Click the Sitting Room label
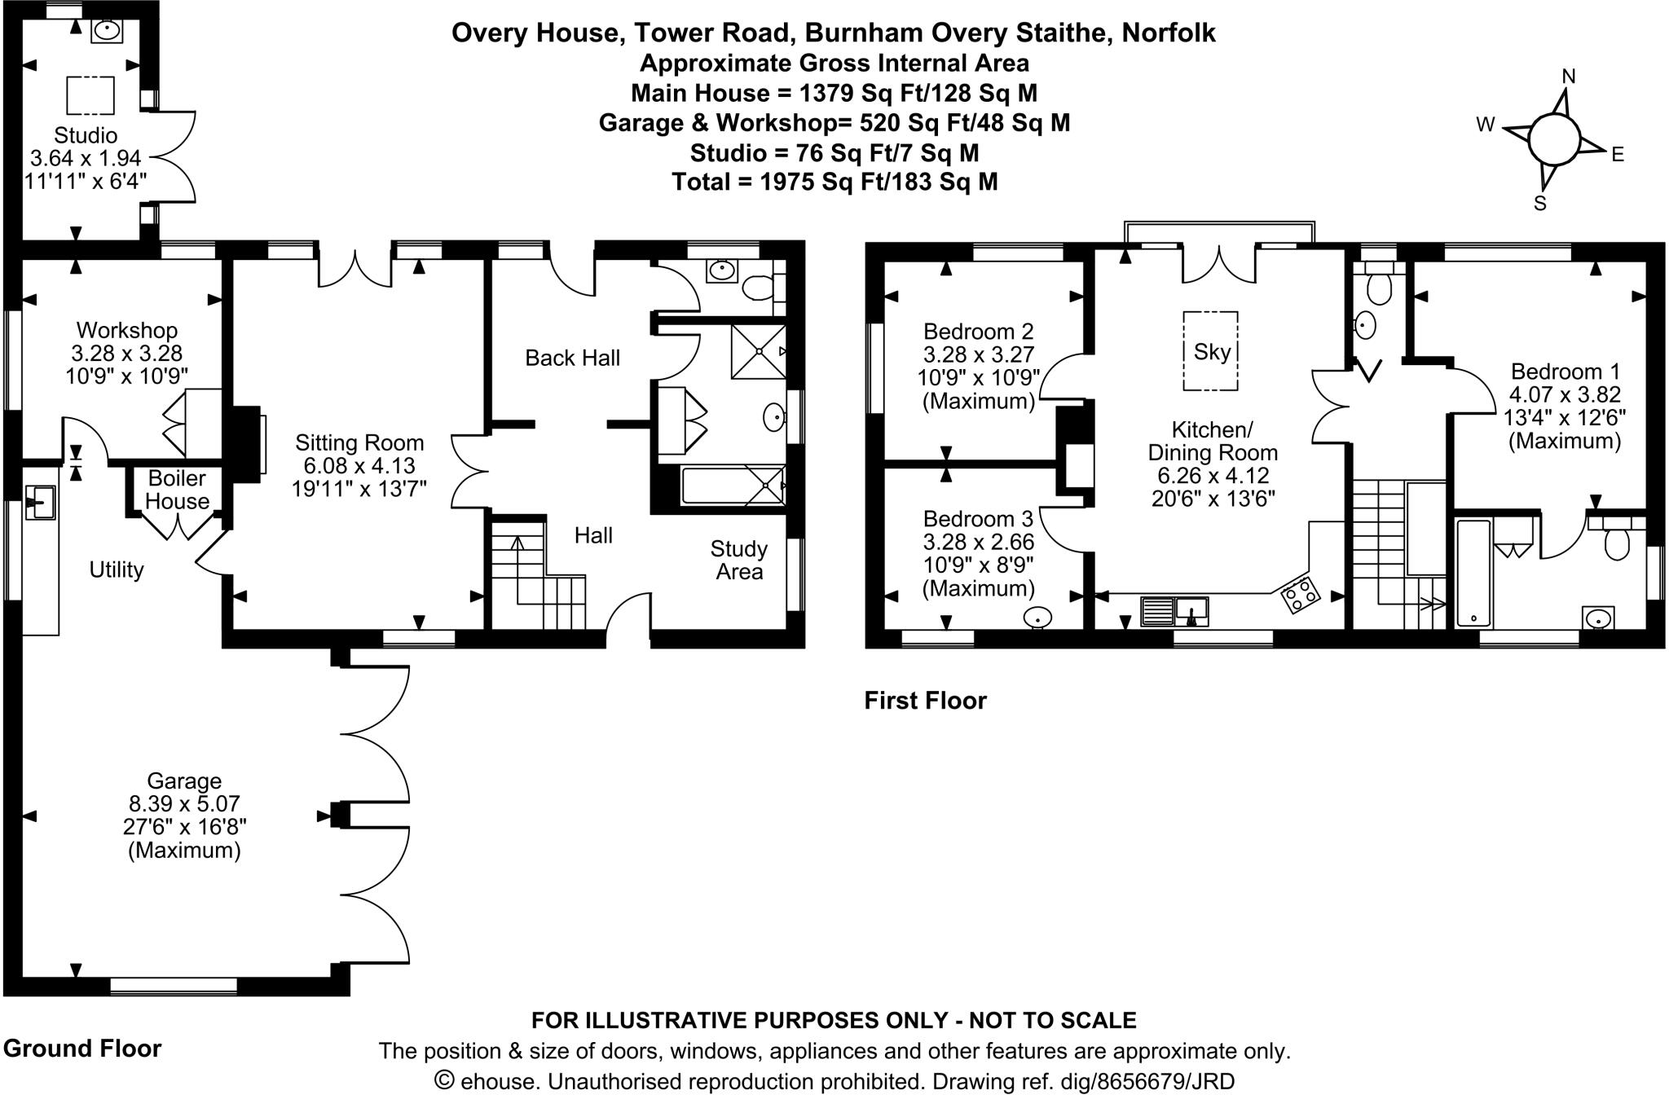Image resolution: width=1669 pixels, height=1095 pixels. pyautogui.click(x=359, y=442)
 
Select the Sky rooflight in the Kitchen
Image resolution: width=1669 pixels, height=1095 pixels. pyautogui.click(x=1211, y=351)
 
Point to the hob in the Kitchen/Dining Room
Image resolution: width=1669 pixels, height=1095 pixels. pyautogui.click(x=1301, y=595)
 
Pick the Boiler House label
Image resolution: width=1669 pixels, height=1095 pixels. pyautogui.click(x=177, y=490)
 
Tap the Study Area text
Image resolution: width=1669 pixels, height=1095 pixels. pyautogui.click(x=739, y=560)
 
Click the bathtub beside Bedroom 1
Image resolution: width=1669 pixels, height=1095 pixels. pyautogui.click(x=1473, y=574)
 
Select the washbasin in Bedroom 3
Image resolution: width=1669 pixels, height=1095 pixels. pyautogui.click(x=1037, y=618)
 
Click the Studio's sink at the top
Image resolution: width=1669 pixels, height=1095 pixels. pyautogui.click(x=107, y=31)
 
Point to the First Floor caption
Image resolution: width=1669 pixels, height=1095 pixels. pyautogui.click(x=925, y=701)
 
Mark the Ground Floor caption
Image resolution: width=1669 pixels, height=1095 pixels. pyautogui.click(x=82, y=1048)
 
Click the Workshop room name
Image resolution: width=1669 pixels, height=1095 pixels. pyautogui.click(x=126, y=330)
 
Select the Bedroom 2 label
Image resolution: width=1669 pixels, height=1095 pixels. pyautogui.click(x=978, y=332)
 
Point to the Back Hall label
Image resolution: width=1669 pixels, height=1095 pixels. pyautogui.click(x=572, y=358)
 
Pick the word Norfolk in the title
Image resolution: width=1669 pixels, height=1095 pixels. pyautogui.click(x=1168, y=33)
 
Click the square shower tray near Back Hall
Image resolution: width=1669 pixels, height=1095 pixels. pyautogui.click(x=759, y=351)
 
